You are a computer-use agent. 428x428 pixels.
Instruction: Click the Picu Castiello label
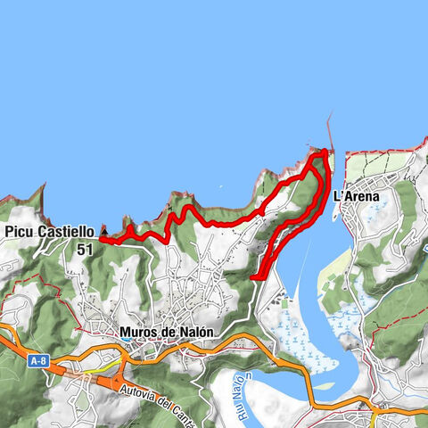(49, 231)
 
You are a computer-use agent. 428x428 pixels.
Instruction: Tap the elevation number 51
(85, 250)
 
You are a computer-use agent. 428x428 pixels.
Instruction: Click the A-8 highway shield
(37, 361)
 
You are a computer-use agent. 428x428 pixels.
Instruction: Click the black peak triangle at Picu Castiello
(103, 229)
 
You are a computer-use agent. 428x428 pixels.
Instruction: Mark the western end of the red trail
(101, 239)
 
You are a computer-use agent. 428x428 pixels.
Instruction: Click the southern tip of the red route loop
(255, 278)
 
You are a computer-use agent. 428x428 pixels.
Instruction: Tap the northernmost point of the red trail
(323, 152)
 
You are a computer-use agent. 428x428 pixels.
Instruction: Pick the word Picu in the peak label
(19, 231)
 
